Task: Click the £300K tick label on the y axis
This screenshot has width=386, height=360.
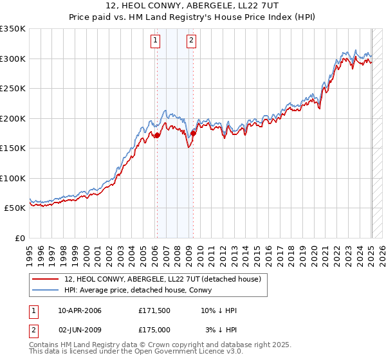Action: coord(13,59)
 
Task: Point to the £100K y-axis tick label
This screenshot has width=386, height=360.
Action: coord(13,178)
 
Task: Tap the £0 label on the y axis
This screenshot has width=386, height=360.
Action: coord(19,238)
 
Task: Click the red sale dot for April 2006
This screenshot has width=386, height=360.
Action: coord(156,136)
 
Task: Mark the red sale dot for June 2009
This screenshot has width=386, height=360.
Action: coord(192,133)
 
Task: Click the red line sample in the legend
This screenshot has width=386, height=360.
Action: coord(46,279)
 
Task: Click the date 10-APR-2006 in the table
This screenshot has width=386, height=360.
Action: coord(80,310)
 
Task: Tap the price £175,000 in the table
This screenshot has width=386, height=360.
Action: coord(154,329)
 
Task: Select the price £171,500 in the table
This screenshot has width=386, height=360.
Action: coord(154,310)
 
